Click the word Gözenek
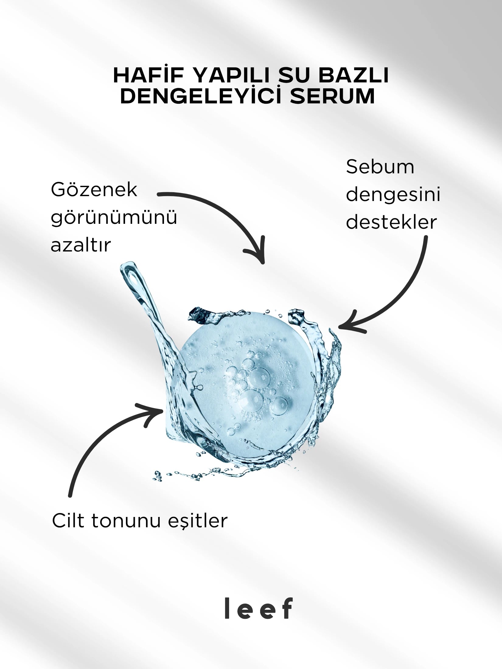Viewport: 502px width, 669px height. [x=94, y=191]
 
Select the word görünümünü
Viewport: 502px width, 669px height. [x=114, y=218]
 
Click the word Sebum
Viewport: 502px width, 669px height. [x=380, y=167]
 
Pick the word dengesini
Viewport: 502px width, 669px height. [x=393, y=195]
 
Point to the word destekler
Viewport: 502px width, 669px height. [x=391, y=222]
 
